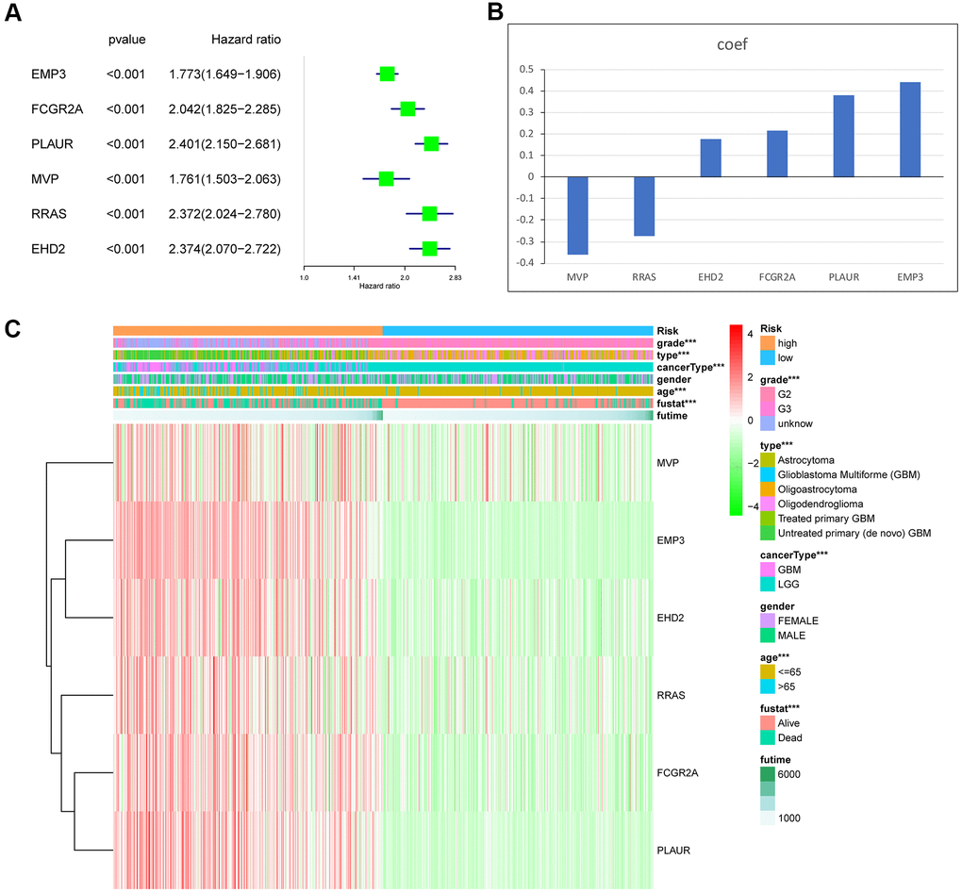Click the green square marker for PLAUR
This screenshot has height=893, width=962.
tap(431, 143)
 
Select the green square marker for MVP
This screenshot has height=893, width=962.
tap(386, 178)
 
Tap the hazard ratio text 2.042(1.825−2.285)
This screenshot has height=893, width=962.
tap(224, 108)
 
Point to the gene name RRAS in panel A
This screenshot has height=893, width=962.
tap(49, 214)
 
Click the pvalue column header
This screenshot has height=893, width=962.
tap(127, 40)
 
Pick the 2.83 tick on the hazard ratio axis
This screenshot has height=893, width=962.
tap(455, 278)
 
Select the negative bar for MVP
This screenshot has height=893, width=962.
tap(578, 215)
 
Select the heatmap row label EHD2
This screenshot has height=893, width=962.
tap(672, 618)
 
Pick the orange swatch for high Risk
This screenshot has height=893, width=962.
tap(766, 342)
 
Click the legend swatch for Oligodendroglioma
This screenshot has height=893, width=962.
tap(766, 504)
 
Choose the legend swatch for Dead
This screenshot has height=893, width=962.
tap(766, 737)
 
